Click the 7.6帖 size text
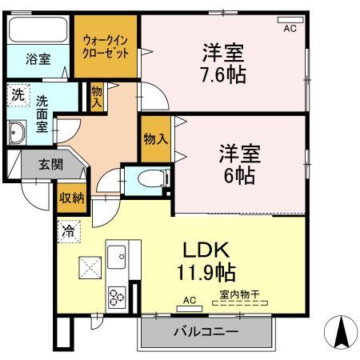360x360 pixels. [222, 75]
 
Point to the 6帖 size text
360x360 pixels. [238, 175]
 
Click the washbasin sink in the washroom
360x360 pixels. [16, 133]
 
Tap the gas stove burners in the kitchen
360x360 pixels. [116, 296]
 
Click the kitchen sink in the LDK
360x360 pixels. [115, 254]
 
